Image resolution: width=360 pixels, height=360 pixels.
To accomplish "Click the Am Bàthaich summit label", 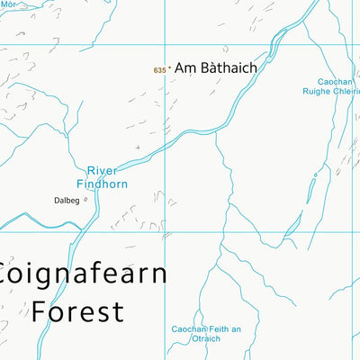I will pyautogui.click(x=215, y=67).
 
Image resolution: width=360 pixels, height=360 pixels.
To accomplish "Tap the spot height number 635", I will pyautogui.click(x=159, y=69).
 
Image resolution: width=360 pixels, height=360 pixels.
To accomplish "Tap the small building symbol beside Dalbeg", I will pyautogui.click(x=85, y=200).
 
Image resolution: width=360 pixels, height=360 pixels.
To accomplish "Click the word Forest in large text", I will pyautogui.click(x=77, y=311).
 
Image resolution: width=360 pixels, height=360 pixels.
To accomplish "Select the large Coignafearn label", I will pyautogui.click(x=83, y=274).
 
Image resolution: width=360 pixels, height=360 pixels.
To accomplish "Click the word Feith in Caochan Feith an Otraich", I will pyautogui.click(x=220, y=328).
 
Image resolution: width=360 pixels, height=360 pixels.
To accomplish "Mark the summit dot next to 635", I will pyautogui.click(x=169, y=67).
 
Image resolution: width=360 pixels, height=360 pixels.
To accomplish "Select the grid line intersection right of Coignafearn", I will pyautogui.click(x=166, y=232).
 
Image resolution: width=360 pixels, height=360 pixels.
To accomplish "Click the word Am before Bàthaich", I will pyautogui.click(x=184, y=67).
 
